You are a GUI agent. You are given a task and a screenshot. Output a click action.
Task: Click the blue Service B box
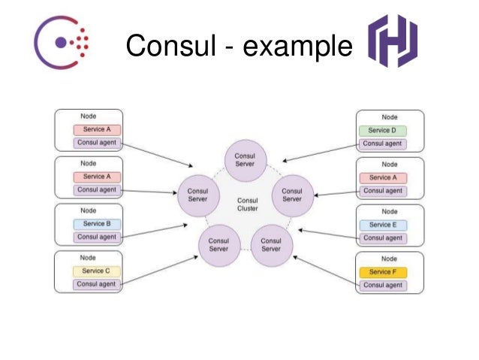point(96,224)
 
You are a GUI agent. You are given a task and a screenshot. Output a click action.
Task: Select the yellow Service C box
point(96,271)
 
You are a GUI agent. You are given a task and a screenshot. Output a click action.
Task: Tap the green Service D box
point(382,130)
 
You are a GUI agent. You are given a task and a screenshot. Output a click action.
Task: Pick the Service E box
point(382,224)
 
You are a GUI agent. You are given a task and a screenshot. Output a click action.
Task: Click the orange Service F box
point(382,271)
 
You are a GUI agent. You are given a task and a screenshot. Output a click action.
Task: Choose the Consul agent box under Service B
point(96,237)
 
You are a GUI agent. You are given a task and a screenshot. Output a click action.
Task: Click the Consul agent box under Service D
point(382,144)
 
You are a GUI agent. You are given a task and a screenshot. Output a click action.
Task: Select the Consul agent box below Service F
point(382,286)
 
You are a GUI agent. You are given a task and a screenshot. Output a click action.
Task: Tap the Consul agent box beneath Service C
point(96,285)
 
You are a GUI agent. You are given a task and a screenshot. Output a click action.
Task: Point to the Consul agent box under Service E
point(382,238)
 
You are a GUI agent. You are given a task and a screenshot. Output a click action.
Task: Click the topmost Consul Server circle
point(246,159)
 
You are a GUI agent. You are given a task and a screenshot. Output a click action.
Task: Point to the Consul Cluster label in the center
point(247,204)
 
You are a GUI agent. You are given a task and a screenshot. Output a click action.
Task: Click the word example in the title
point(299,46)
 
